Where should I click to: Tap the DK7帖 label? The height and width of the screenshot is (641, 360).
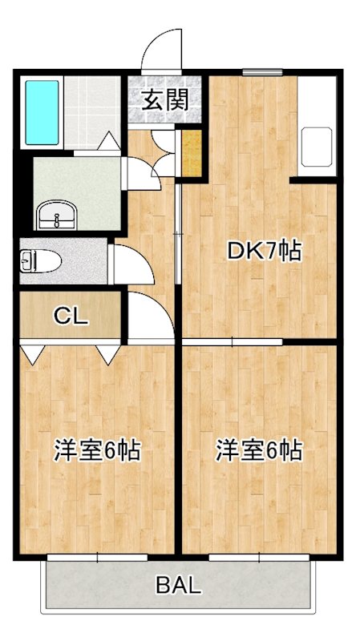click(264, 252)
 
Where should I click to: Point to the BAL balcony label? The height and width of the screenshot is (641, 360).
click(178, 586)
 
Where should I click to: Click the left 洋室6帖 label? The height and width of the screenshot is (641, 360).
click(97, 451)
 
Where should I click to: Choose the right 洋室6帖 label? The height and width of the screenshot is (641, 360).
click(258, 451)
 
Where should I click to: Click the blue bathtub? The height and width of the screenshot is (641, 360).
click(42, 112)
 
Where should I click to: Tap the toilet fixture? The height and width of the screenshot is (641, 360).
click(33, 260)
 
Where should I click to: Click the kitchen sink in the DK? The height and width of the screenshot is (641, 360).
click(317, 146)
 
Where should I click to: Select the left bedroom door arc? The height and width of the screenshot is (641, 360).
click(150, 316)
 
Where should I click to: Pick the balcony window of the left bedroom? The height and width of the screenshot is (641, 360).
click(99, 555)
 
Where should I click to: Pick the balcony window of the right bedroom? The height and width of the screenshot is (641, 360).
click(259, 555)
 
